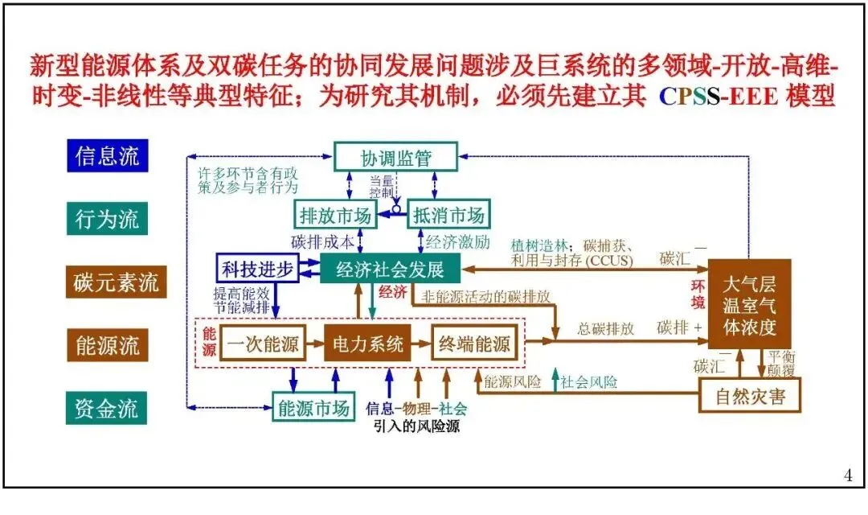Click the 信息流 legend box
pos(108,155)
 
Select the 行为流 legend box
pos(108,219)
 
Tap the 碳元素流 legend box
pos(117,283)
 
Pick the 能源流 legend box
pos(108,346)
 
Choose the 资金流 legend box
pos(108,409)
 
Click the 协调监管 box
pos(395,157)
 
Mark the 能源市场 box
pos(314,408)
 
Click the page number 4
pos(848,476)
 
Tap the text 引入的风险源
pos(417,426)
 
